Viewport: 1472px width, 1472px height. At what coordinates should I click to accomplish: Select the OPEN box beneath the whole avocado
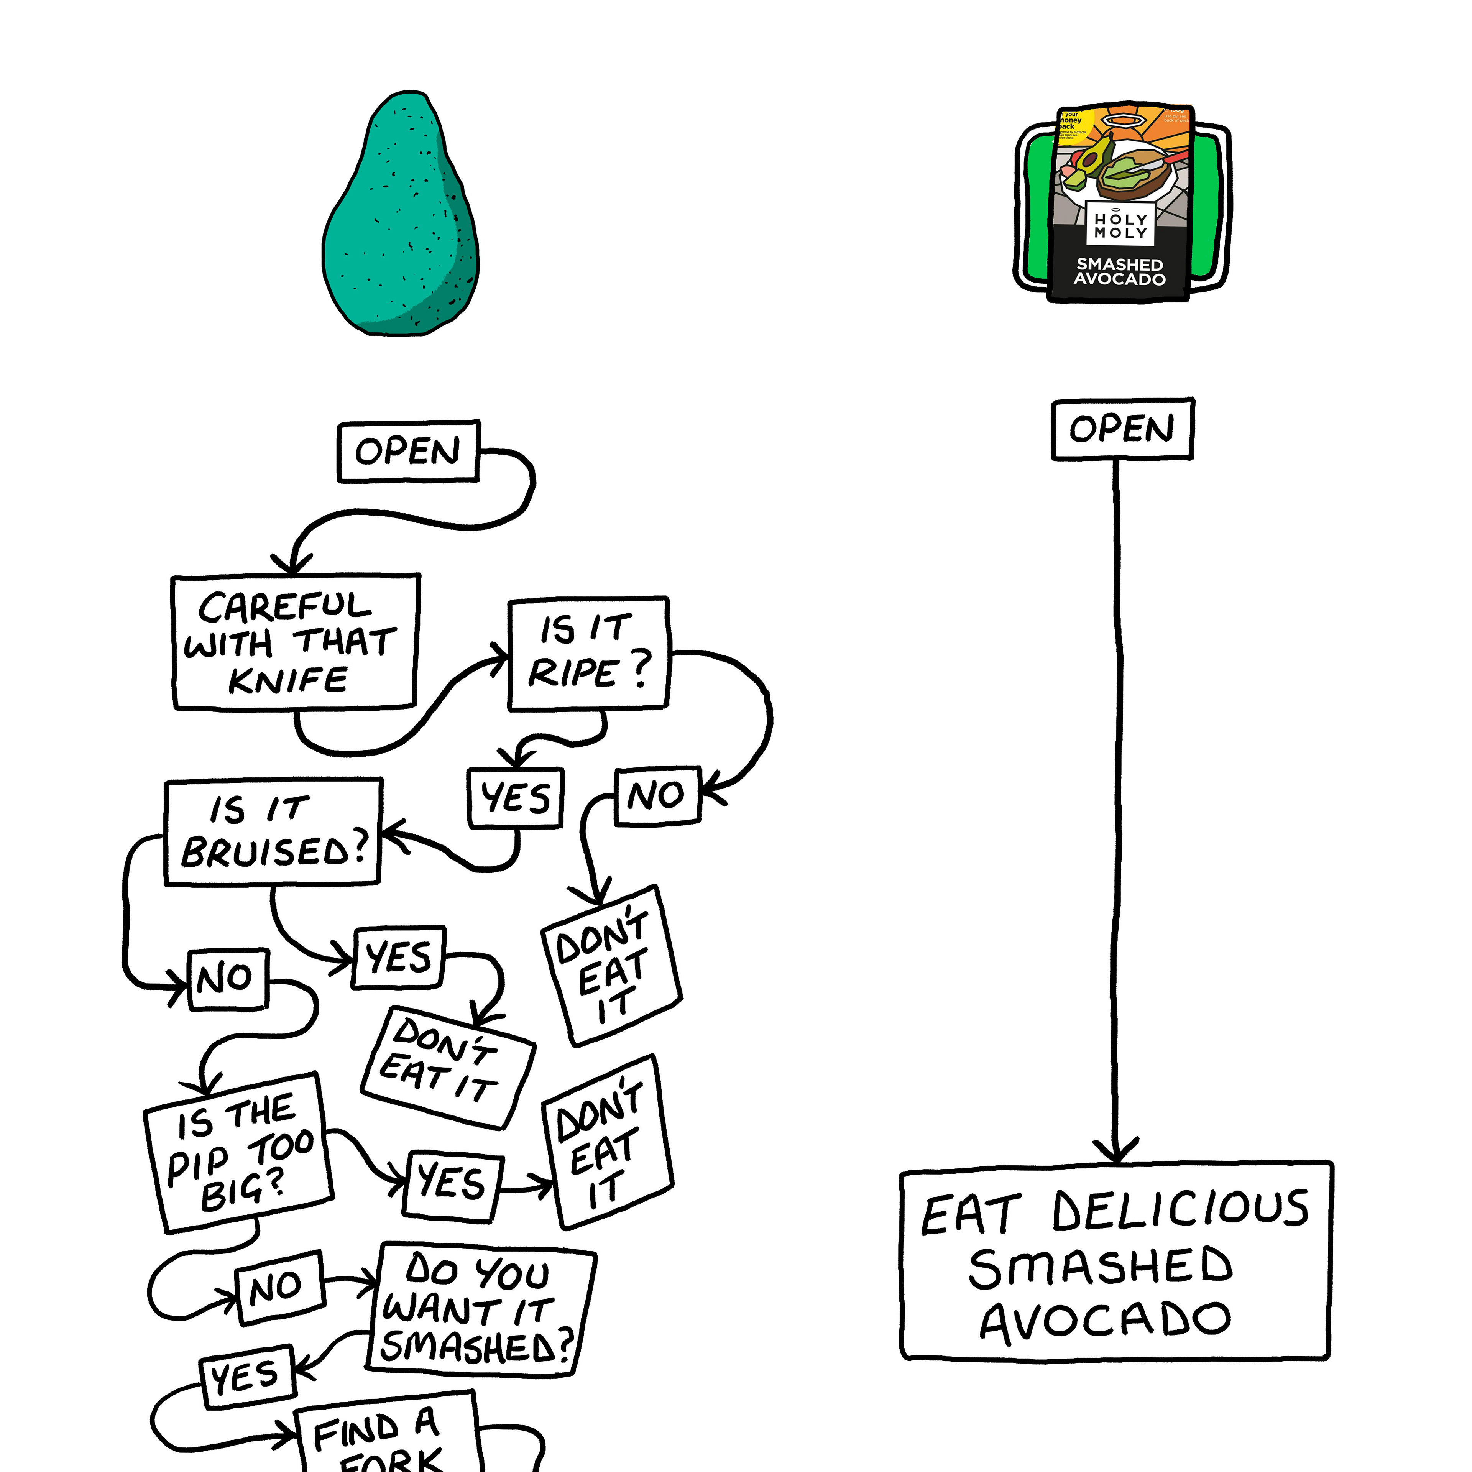(x=408, y=451)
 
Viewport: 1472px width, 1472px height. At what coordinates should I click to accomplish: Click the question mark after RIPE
(x=642, y=668)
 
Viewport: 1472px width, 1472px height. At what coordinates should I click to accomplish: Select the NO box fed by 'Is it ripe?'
(x=657, y=795)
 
